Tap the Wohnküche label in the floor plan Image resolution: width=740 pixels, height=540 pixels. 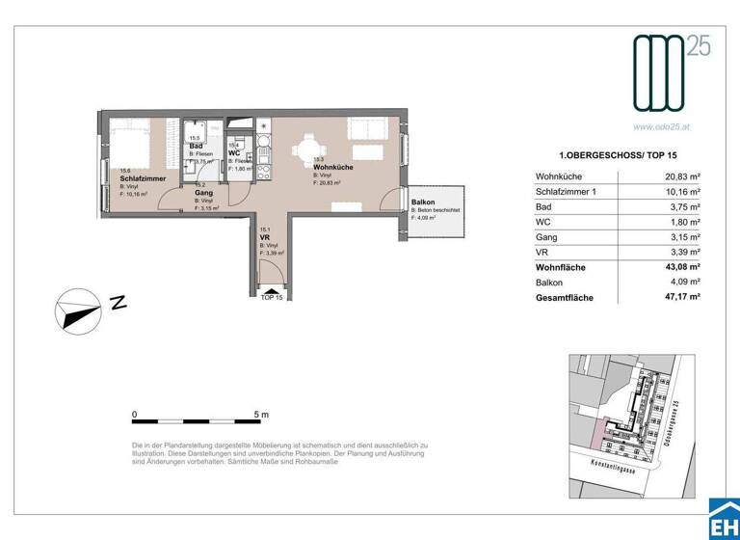pos(332,167)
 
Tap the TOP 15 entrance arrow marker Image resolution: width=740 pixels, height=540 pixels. pos(273,288)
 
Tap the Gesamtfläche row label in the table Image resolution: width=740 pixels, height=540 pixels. pos(566,299)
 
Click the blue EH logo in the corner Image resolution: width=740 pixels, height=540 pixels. pos(724,520)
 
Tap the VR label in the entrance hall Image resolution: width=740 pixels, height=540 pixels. pos(265,238)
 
